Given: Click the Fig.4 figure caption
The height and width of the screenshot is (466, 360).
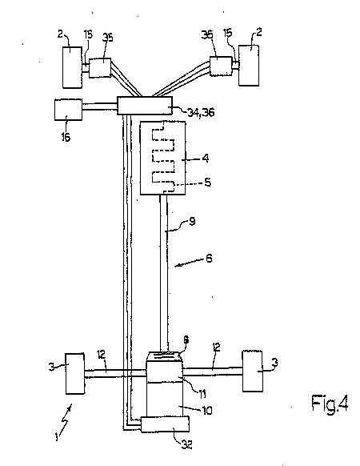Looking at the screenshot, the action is [330, 404].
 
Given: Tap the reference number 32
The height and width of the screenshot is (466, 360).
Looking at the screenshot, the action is [186, 444].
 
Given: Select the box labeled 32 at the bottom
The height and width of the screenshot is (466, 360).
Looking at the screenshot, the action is [165, 424].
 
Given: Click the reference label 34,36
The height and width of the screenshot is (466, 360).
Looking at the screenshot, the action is [201, 112].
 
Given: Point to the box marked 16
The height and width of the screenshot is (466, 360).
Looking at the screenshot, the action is [68, 110].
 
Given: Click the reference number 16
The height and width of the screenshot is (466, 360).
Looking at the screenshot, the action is [66, 137].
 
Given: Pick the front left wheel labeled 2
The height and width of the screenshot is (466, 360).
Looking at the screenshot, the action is [72, 67].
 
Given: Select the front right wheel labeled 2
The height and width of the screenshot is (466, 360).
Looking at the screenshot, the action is [249, 66].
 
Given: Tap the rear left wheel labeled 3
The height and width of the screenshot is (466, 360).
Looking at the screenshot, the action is [75, 374].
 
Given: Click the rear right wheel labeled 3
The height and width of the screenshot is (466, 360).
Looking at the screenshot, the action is [253, 372].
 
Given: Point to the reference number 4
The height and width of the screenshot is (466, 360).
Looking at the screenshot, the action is [206, 158].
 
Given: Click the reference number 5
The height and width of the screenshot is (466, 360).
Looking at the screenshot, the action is [208, 182].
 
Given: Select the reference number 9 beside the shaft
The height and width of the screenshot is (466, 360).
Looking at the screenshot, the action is [192, 222].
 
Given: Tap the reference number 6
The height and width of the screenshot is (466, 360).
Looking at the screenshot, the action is [209, 259].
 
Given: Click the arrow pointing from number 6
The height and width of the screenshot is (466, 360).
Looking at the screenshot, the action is [189, 263].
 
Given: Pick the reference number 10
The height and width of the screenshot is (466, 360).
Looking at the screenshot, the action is [207, 411].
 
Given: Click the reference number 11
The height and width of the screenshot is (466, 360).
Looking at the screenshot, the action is [202, 395].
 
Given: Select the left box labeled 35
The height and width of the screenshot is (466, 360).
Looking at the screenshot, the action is [100, 68].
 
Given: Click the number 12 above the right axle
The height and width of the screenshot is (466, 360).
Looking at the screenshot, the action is [217, 347].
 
